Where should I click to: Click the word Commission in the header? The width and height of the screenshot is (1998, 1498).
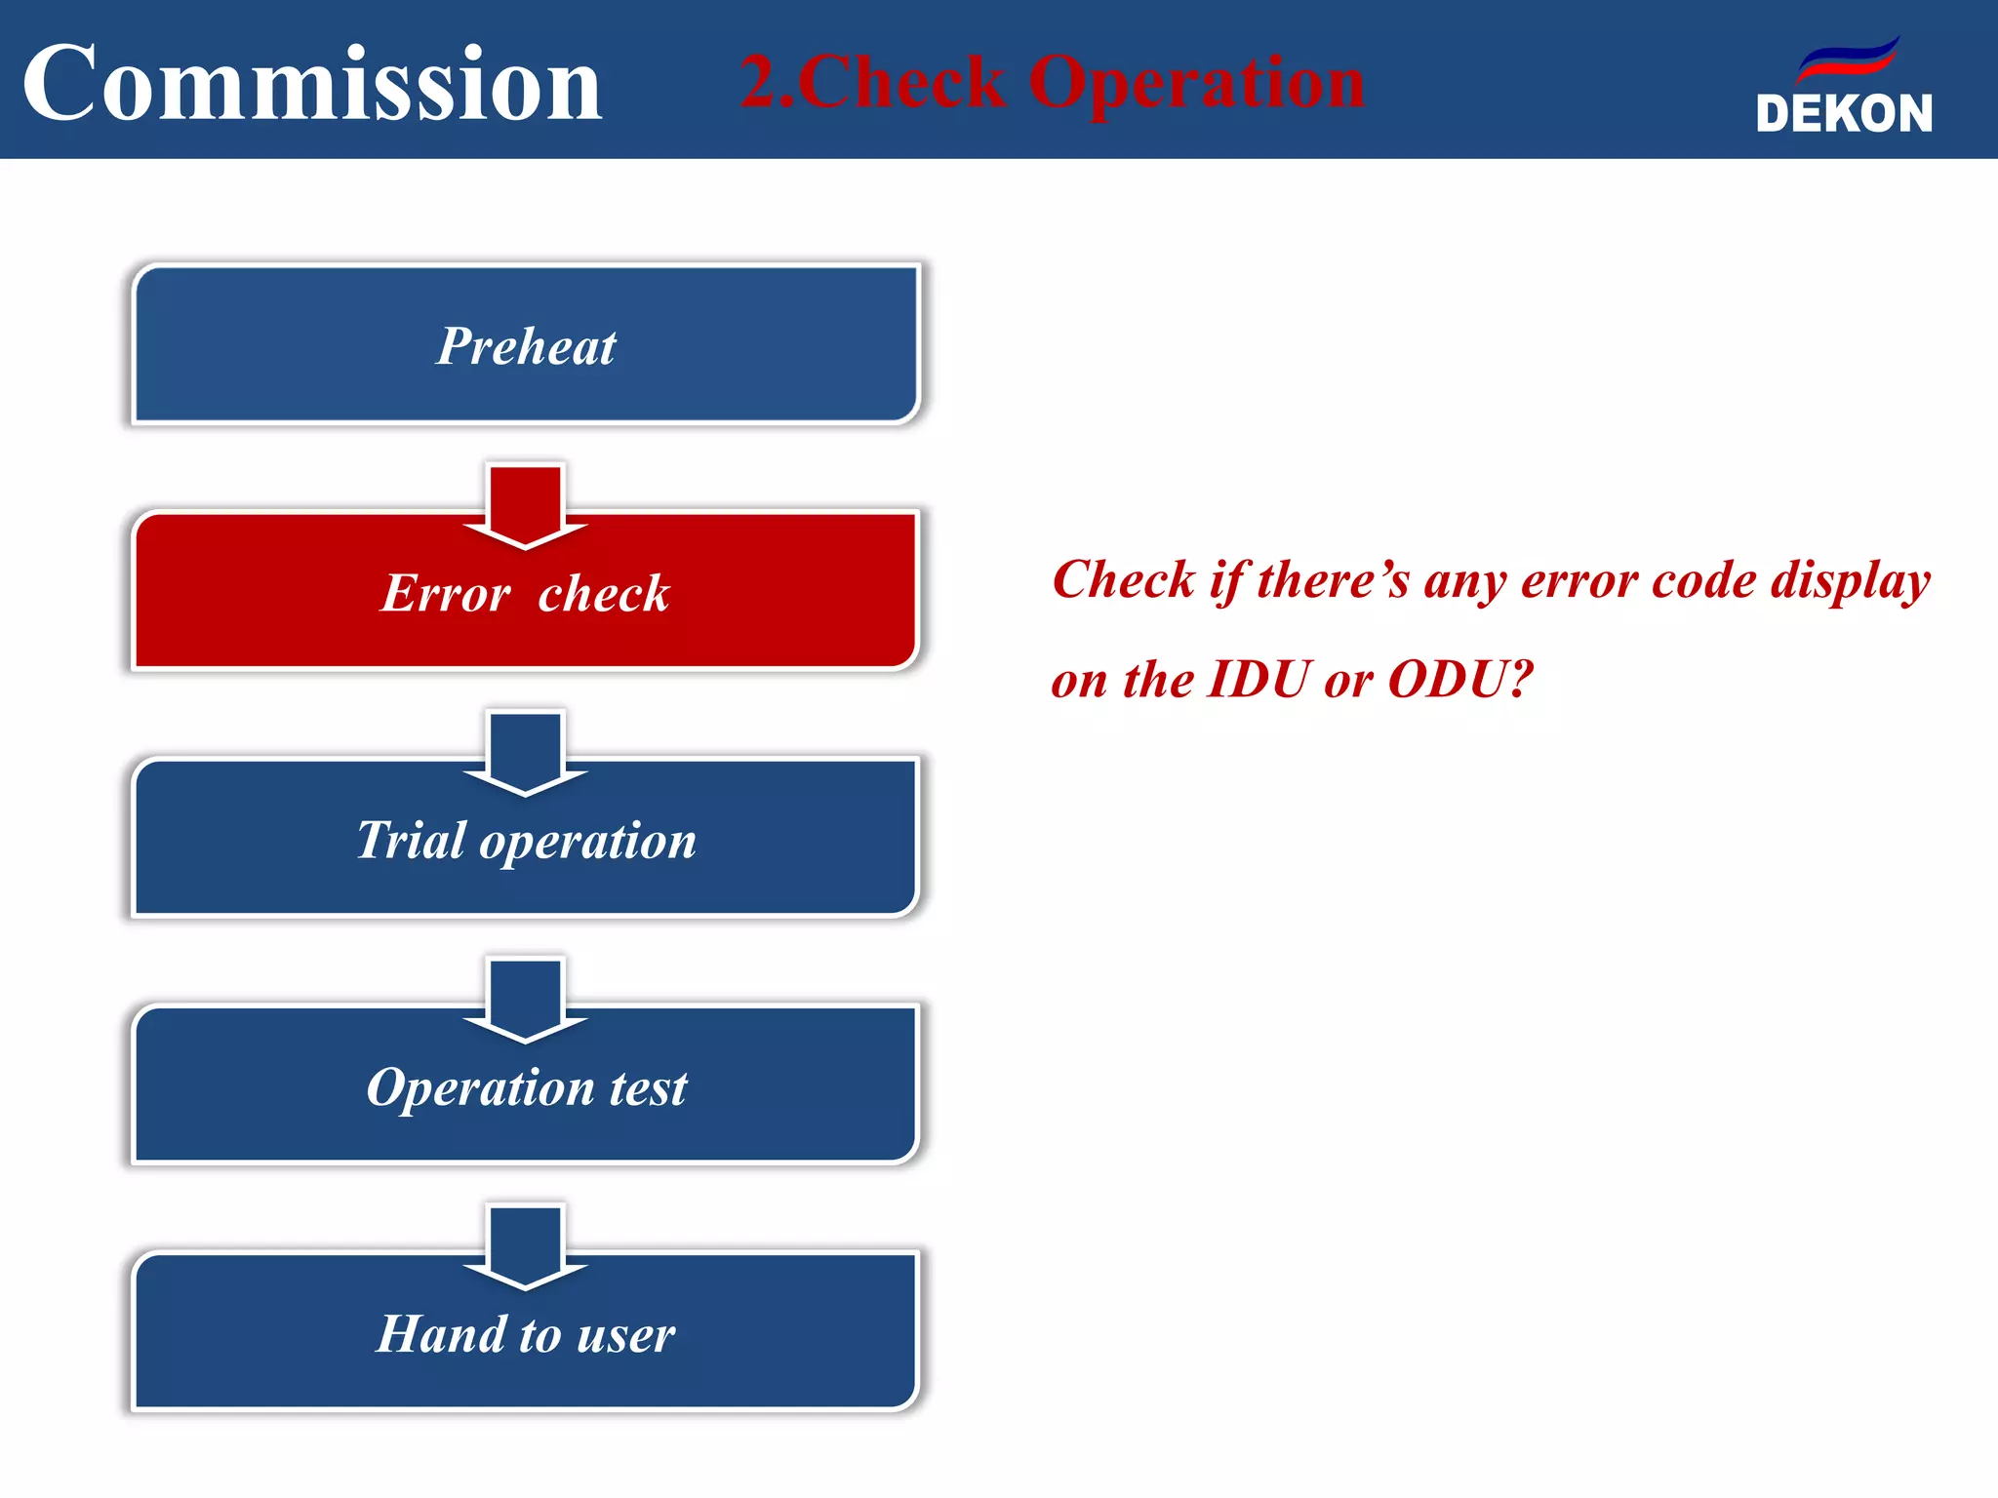pos(312,84)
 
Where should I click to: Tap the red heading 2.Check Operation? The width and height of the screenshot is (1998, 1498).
pos(1052,82)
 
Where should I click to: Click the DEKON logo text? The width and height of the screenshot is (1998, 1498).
pos(1843,114)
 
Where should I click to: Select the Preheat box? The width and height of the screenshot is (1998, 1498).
pos(526,345)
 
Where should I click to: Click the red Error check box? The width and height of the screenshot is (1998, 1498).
pos(526,605)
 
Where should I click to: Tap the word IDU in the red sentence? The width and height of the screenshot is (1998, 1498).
pos(1259,680)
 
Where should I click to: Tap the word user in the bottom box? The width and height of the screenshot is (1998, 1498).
pos(625,1335)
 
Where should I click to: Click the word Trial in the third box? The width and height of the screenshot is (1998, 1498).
pos(411,841)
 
